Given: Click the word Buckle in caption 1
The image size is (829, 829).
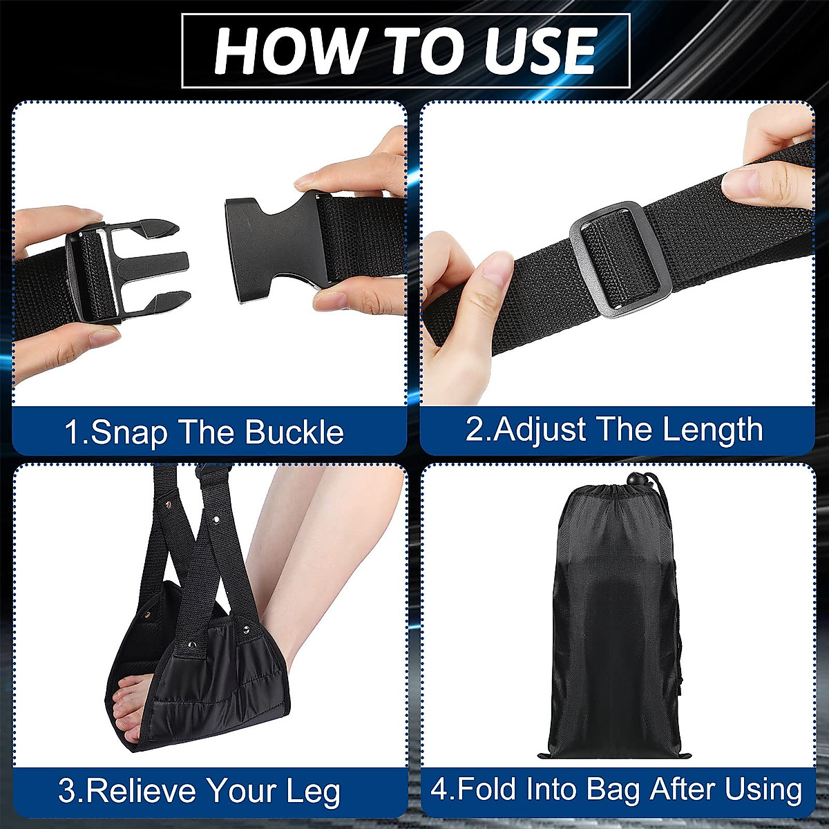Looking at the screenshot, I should point(294,432).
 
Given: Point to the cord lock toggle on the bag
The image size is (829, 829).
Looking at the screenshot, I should point(633,480).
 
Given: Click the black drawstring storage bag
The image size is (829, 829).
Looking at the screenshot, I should point(611,622).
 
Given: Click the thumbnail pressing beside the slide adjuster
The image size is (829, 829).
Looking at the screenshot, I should point(495,269).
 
